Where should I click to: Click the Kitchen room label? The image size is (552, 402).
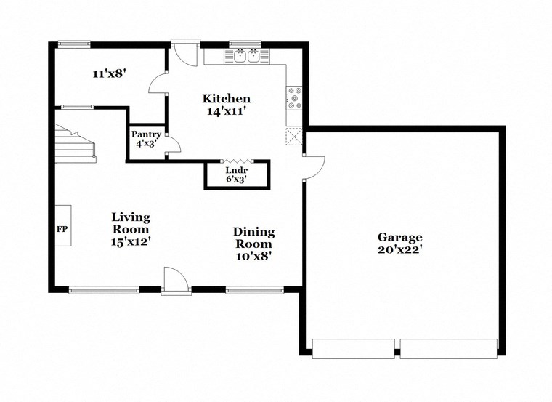pyautogui.click(x=226, y=99)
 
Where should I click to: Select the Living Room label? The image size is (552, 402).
pyautogui.click(x=131, y=222)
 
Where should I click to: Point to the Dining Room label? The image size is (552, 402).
pyautogui.click(x=253, y=238)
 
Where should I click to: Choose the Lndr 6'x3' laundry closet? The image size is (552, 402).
pyautogui.click(x=237, y=174)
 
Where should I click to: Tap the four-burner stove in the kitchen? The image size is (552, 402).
pyautogui.click(x=295, y=98)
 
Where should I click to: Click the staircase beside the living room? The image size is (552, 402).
pyautogui.click(x=76, y=143)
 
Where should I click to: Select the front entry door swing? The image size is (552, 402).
pyautogui.click(x=176, y=280)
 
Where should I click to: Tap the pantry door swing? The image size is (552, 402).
pyautogui.click(x=172, y=143)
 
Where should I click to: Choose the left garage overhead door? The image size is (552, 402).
pyautogui.click(x=353, y=348)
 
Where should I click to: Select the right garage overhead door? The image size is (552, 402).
pyautogui.click(x=448, y=348)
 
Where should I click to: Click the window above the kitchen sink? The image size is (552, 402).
pyautogui.click(x=245, y=43)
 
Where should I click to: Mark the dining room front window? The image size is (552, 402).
pyautogui.click(x=253, y=290)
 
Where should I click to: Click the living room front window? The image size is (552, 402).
pyautogui.click(x=104, y=290)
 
